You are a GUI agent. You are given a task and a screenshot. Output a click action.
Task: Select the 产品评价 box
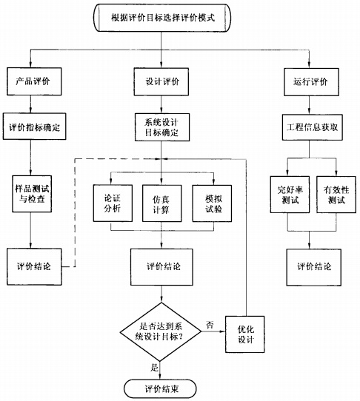[30, 79]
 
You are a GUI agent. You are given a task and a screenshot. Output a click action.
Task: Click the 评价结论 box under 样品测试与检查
[30, 265]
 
